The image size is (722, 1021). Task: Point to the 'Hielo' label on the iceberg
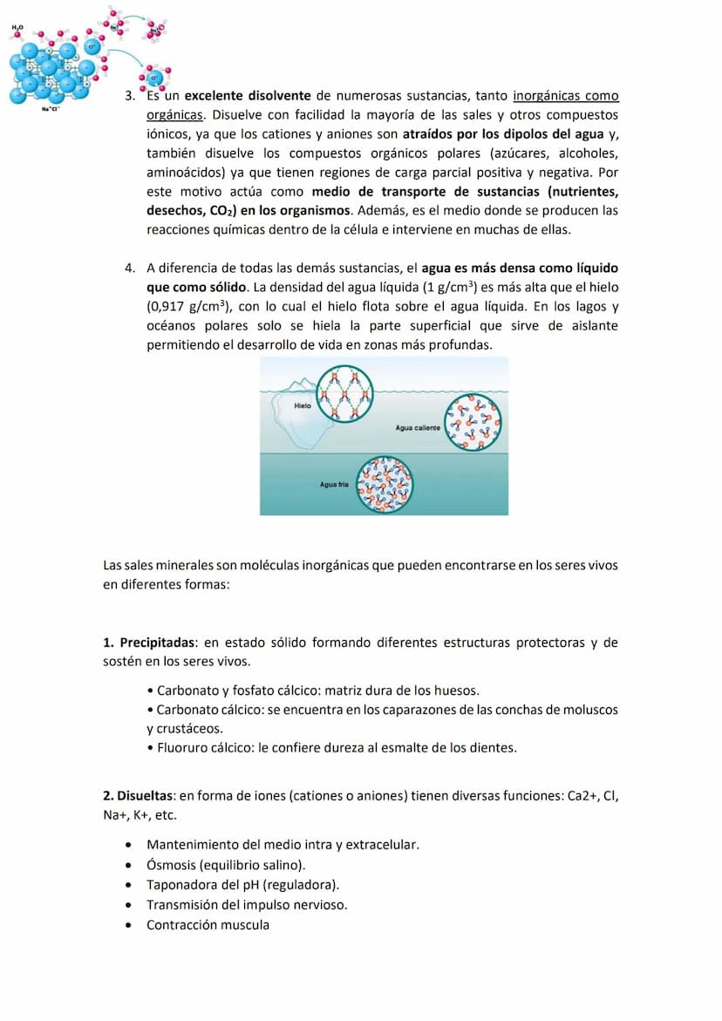(x=303, y=405)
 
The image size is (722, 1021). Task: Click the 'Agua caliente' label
(x=418, y=428)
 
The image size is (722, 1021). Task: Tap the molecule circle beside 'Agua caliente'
(x=474, y=421)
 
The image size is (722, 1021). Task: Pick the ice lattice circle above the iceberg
(x=343, y=395)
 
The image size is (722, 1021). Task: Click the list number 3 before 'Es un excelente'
(x=130, y=95)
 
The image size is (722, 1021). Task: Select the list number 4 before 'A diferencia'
(x=130, y=268)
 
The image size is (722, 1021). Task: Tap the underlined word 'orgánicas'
(x=174, y=114)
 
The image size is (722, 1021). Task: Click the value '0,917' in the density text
(x=167, y=306)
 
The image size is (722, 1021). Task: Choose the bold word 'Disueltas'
(x=144, y=795)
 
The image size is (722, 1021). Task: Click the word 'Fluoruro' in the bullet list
(x=181, y=747)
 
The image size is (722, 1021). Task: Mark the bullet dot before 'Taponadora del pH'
(x=129, y=885)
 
